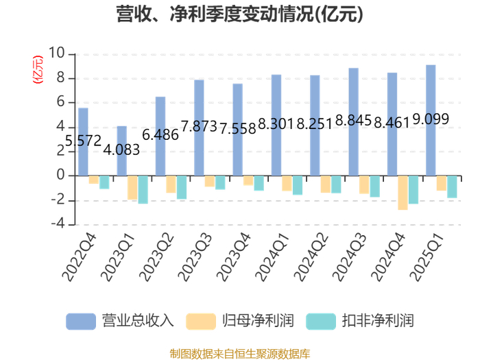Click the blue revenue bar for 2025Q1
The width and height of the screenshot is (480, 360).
point(431,120)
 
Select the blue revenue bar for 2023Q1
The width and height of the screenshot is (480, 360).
point(122,151)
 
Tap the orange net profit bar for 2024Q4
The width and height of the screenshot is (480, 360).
point(403,193)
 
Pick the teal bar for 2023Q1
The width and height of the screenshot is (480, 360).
point(143,190)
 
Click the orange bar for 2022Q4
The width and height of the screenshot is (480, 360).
point(94,180)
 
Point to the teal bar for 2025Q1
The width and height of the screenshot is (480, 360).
point(452,187)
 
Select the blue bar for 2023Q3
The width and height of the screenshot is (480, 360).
point(199,128)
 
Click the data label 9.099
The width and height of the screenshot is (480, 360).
point(431,119)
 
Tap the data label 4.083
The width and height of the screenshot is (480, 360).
point(121,149)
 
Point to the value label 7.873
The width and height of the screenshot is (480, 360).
point(199,126)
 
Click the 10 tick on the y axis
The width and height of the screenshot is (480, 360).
point(57,53)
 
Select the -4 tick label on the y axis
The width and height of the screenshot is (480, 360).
point(58,224)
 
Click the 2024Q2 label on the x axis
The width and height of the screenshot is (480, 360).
point(311,257)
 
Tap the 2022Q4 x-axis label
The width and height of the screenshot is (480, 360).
point(79,257)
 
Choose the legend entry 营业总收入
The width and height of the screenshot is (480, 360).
point(120,321)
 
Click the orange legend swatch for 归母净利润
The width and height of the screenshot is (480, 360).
point(201,322)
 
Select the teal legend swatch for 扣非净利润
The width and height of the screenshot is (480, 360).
point(321,322)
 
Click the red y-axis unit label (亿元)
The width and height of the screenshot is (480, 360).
point(38,69)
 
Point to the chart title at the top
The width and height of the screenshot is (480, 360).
point(240,14)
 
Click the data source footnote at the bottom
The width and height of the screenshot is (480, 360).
point(240,355)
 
